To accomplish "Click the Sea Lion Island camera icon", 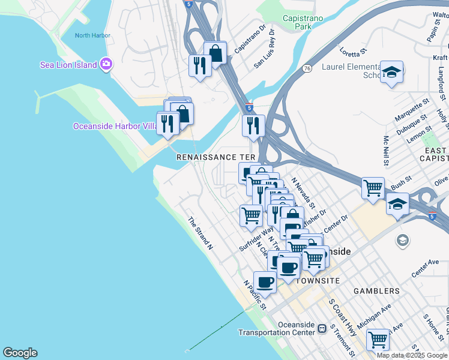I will (x=106, y=64).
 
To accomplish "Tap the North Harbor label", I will (x=92, y=35).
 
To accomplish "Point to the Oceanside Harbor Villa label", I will (x=114, y=126).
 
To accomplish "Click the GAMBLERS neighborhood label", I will (x=376, y=291).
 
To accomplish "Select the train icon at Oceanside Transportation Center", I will (x=322, y=328).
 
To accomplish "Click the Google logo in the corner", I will (x=20, y=353).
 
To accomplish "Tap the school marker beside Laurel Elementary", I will (x=391, y=73).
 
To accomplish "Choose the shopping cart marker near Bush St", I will (x=373, y=188).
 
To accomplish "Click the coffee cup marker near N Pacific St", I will (x=265, y=281).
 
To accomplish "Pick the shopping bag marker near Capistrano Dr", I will (x=215, y=53).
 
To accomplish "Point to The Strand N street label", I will (x=200, y=233).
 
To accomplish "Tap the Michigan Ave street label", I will (x=373, y=316).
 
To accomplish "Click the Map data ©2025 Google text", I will (x=412, y=355).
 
